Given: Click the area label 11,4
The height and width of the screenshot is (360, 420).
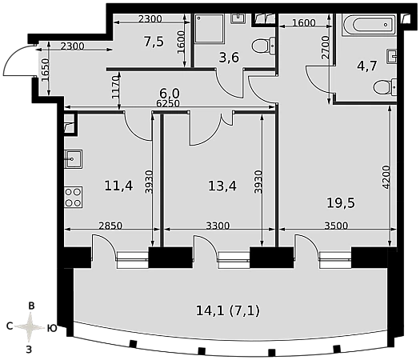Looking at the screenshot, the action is point(118,186).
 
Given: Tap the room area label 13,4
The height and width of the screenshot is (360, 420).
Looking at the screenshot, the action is point(222,186).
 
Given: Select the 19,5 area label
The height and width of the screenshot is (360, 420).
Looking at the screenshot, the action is point(341,202).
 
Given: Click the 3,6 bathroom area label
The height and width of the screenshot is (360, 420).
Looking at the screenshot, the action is point(229,58).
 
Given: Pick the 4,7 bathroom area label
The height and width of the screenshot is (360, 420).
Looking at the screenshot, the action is point(367,66).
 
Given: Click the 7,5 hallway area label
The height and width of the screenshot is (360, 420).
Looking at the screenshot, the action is point(154,42).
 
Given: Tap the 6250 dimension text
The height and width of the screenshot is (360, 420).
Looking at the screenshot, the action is point(168,103).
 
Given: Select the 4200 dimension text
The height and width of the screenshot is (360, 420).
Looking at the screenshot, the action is point(386,178).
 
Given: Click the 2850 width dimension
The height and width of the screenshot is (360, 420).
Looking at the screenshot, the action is point(110,226).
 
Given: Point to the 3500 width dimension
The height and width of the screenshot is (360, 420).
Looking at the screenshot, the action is point(336,226).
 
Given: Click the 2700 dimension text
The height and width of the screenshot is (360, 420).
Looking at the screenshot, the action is point(325,47).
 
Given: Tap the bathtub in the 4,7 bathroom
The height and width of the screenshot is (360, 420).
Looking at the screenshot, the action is point(369,25).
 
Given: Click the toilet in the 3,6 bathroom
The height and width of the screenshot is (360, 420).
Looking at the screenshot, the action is point(264,46).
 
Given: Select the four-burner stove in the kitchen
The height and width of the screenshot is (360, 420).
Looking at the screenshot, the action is point(73,197).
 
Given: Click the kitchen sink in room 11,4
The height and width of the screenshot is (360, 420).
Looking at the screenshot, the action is point(73,159).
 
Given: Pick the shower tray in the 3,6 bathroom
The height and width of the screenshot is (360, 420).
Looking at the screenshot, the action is point(210,29).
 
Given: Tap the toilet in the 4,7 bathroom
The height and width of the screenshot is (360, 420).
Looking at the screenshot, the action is point(385,87).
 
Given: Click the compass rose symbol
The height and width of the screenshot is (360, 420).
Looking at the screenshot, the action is point(30,327).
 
